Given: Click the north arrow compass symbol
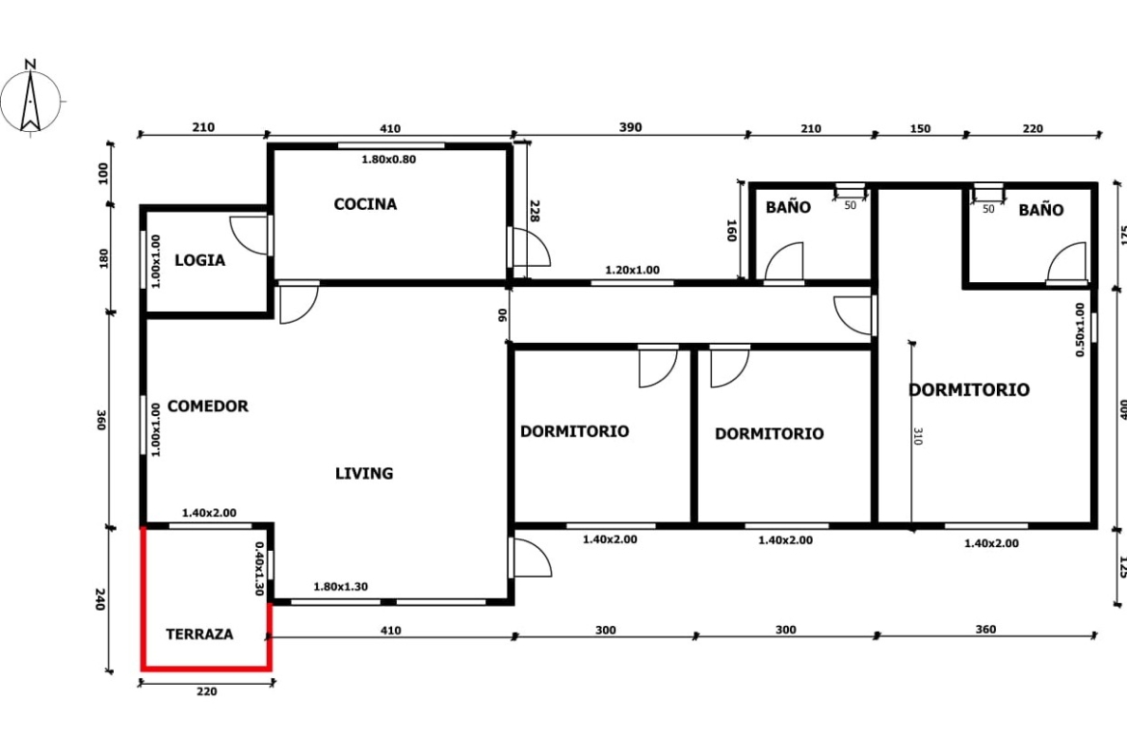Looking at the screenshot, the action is pos(30,98).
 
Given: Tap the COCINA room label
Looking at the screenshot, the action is pos(365,204).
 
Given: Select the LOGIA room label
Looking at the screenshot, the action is pos(199,260).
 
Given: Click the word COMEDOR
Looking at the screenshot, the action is pos(208,406).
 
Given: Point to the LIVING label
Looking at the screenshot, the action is pos(364,474).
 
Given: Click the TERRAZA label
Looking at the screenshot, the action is pos(199,635).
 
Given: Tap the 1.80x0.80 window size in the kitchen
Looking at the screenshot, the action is pos(388,160).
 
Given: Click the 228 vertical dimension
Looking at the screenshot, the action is pos(534,211).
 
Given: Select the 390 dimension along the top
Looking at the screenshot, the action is pos(630,127).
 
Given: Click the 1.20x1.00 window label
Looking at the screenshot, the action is pos(633,271).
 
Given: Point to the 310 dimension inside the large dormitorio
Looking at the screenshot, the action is pos(918,436).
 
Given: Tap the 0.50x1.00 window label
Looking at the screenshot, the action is pos(1080,330).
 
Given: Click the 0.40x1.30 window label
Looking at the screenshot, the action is pos(259,568).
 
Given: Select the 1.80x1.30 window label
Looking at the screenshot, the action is pos(341,587).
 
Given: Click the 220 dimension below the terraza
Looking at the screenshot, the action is pos(206,691).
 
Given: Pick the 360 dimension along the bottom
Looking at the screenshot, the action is pos(986,630).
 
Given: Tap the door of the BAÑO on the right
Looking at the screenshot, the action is pos(1066,262).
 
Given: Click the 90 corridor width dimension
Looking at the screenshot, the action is pos(503,315).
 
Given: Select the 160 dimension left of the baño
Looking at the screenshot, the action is pos(732,231).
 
